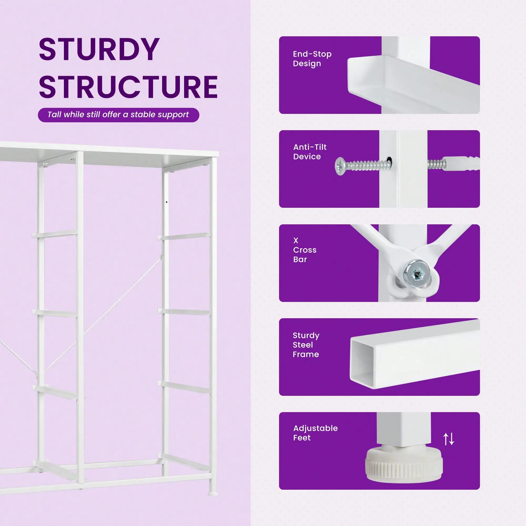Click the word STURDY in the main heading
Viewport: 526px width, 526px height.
[99, 49]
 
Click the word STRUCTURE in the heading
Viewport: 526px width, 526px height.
[128, 87]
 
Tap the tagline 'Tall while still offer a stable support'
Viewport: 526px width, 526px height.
[118, 115]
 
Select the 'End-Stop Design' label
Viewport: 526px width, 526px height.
[312, 59]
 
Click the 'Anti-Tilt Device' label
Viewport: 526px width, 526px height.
[310, 152]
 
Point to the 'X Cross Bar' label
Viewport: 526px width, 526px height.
[305, 250]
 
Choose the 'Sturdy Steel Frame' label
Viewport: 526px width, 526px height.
[306, 345]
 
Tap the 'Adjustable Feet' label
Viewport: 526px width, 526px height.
[316, 433]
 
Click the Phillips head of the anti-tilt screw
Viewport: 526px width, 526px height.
[340, 166]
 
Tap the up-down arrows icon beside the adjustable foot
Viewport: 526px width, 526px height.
[449, 439]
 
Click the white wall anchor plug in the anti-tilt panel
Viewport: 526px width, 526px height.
[461, 163]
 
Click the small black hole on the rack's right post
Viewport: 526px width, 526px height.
[167, 202]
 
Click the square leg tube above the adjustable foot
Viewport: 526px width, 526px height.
[404, 430]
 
